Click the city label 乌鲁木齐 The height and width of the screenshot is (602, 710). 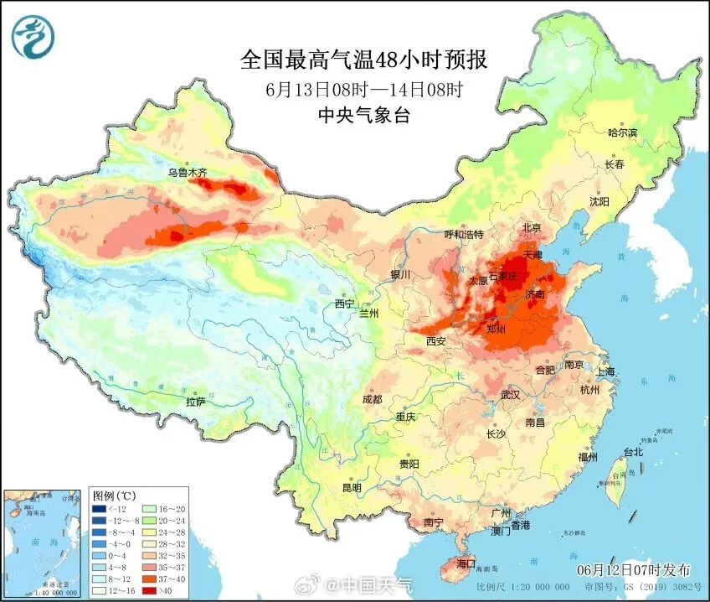[186, 173]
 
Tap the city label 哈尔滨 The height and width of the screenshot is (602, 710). [622, 132]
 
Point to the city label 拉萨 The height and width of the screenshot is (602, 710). [196, 402]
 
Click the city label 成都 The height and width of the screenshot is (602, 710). [372, 399]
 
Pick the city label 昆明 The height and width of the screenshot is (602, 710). [352, 487]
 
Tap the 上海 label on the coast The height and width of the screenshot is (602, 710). [605, 371]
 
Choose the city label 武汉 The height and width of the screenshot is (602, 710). [509, 394]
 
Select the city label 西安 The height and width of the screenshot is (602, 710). [435, 341]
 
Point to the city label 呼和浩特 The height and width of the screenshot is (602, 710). [463, 234]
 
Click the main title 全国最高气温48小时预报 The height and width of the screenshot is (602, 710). [363, 60]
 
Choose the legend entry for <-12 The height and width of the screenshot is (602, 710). [109, 508]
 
